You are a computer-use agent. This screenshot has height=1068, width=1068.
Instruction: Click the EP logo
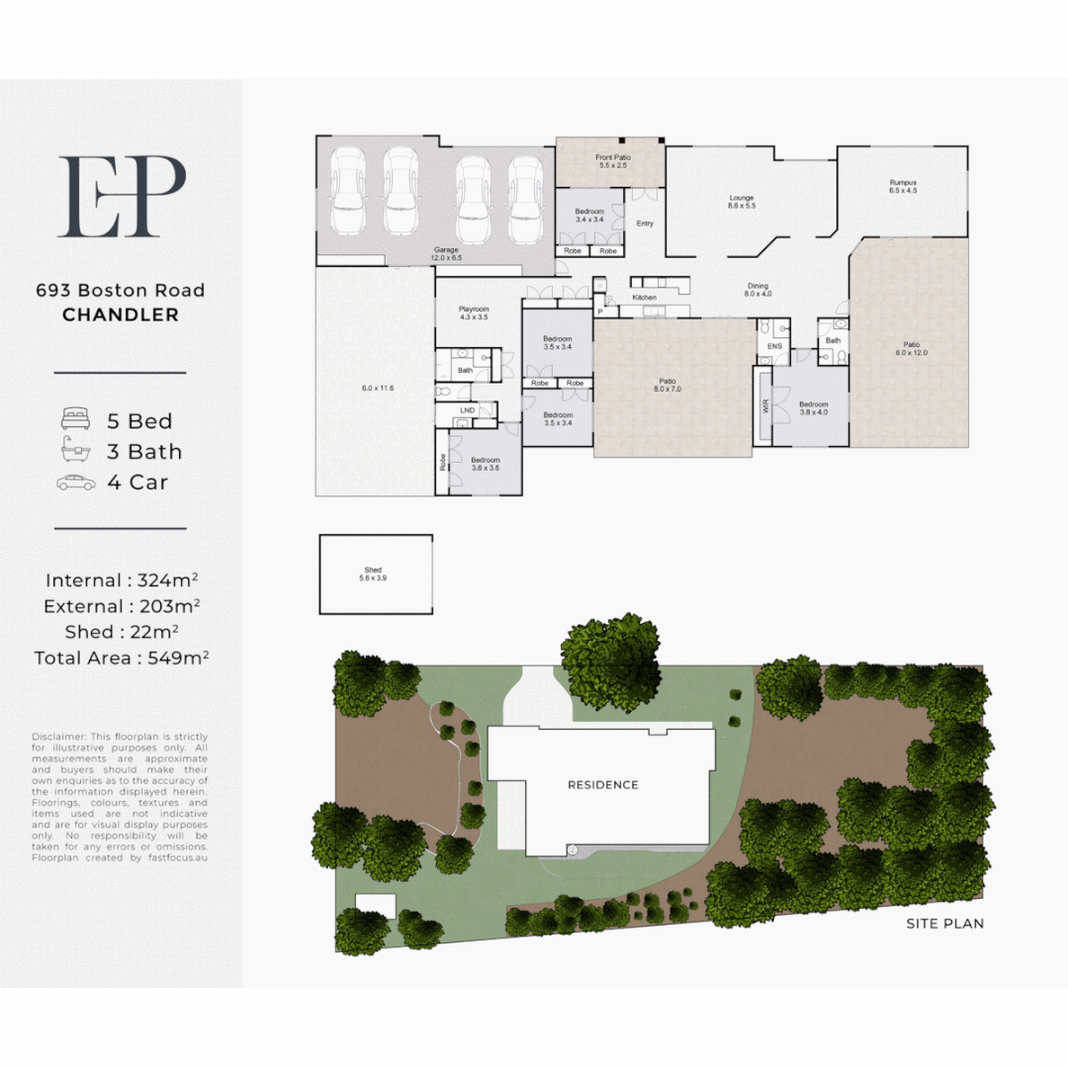(122, 196)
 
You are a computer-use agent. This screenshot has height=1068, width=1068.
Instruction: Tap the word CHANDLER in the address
(121, 315)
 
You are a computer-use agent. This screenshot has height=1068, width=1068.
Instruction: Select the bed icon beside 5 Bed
(76, 420)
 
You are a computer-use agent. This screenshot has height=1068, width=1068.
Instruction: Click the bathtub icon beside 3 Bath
(76, 452)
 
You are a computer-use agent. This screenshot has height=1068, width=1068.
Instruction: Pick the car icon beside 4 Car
(76, 483)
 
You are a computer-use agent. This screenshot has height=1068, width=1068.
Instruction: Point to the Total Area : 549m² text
(121, 658)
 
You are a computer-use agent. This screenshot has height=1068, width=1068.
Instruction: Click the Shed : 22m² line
(121, 632)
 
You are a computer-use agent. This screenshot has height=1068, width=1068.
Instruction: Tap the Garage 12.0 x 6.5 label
(445, 254)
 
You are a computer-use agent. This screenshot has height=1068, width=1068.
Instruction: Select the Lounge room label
(742, 202)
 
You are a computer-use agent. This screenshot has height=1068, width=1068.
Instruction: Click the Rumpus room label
(903, 186)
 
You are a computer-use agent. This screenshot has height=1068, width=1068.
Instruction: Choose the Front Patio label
(612, 162)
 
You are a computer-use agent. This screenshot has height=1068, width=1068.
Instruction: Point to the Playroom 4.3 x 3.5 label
(475, 313)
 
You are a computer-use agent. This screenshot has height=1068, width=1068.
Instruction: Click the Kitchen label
(644, 298)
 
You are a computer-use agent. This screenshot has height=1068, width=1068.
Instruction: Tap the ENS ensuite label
(774, 346)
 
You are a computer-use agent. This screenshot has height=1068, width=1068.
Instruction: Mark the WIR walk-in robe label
(764, 405)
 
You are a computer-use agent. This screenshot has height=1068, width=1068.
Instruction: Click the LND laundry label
(468, 408)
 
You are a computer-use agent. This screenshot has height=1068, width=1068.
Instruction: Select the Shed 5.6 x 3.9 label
(373, 574)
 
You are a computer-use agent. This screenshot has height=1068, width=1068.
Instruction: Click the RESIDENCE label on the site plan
(602, 785)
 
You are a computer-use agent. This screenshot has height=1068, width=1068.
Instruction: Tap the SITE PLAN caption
(944, 924)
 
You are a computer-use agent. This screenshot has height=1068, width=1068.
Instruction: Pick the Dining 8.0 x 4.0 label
(757, 290)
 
